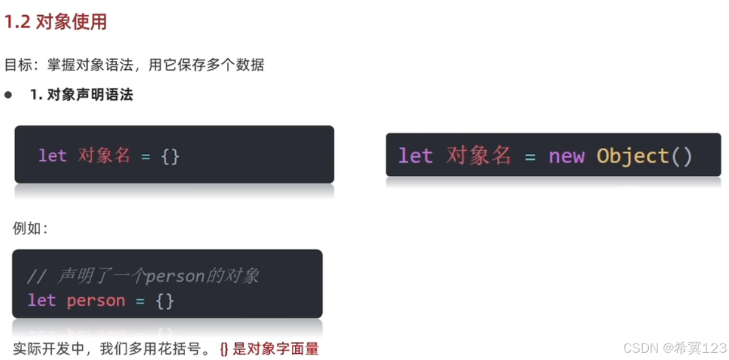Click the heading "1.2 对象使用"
55,22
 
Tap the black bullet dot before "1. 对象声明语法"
8,95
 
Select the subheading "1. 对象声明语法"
81,95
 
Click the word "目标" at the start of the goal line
18,65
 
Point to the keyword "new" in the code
566,156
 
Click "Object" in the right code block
632,156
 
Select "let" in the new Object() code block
415,156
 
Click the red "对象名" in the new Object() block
479,156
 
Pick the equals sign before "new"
530,157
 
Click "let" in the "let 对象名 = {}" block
52,156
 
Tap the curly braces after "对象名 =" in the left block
170,156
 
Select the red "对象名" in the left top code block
104,156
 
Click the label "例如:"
30,229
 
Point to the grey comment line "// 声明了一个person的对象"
143,276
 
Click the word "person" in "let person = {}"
96,300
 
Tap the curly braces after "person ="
165,300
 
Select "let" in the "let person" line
41,300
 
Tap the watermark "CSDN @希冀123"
675,348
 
